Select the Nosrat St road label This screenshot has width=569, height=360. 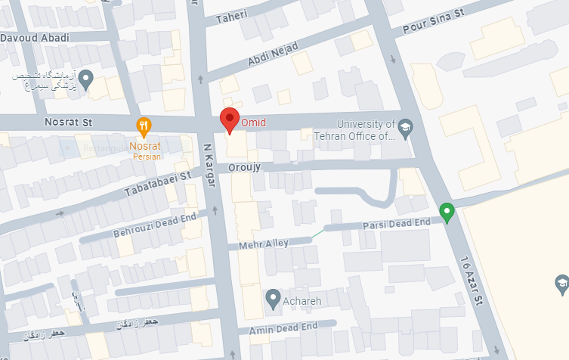67,120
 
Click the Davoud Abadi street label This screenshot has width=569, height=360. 35,38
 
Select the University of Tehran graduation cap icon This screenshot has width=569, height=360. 406,126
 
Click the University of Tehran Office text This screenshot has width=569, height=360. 366,131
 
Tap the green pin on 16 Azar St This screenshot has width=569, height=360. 447,213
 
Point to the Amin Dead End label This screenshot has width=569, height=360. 278,327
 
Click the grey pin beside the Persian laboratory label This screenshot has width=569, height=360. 87,78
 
